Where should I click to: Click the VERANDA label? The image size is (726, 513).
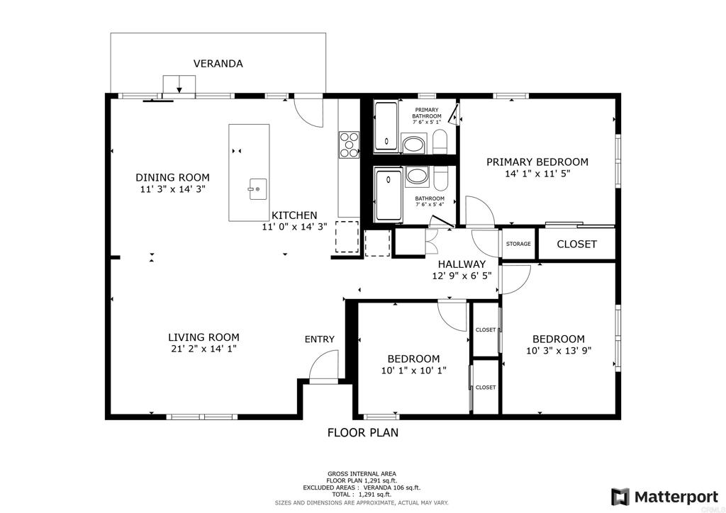click(218, 63)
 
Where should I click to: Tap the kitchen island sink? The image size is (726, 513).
click(258, 188)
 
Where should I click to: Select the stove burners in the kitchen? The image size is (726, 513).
click(350, 145)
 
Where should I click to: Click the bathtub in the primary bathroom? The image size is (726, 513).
click(386, 127)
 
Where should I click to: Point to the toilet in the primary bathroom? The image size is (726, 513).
click(440, 142)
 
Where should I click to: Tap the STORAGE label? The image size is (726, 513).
click(518, 244)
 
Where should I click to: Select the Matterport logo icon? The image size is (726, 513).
click(620, 497)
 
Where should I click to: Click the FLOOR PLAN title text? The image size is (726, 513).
click(363, 432)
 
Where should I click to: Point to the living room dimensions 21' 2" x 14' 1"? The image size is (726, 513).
click(203, 349)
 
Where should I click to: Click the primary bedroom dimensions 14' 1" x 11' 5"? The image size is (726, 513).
click(537, 174)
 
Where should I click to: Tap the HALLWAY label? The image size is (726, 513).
click(462, 264)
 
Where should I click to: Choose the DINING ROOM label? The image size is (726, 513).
click(172, 177)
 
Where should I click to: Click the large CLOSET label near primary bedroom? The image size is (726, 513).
click(576, 244)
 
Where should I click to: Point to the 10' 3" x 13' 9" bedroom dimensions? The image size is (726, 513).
click(559, 351)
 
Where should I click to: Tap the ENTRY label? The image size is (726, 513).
click(320, 339)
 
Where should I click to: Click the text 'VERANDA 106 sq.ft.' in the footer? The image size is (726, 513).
click(391, 487)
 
